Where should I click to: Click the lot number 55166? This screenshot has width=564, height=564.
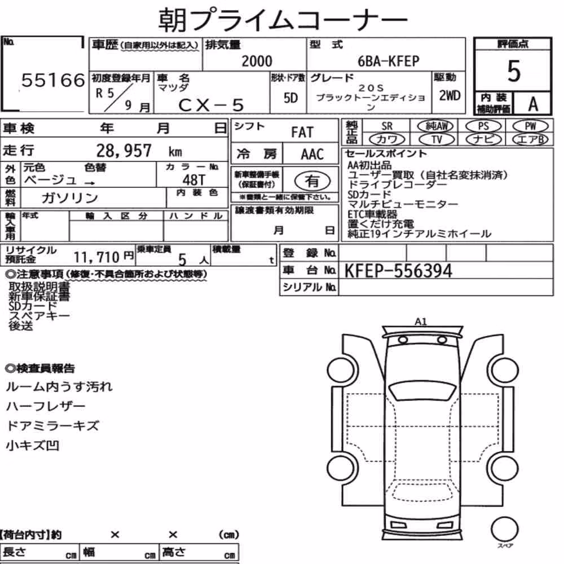(53, 80)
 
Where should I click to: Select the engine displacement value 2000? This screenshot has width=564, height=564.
(257, 61)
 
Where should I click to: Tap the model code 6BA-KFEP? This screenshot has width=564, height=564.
(389, 61)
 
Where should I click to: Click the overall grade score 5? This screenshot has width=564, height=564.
(514, 71)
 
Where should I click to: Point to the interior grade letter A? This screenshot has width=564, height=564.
(533, 104)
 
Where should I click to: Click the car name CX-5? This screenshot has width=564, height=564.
(211, 105)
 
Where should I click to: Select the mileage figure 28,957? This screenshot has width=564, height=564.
(124, 151)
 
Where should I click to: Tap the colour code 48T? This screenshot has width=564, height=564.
(194, 180)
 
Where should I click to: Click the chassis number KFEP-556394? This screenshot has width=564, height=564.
(398, 271)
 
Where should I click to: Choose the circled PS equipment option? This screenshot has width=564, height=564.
(483, 126)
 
